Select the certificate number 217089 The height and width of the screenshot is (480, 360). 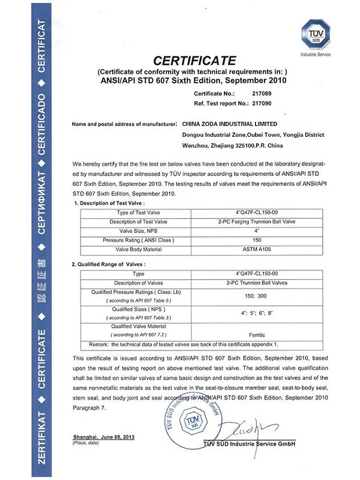[x=262, y=94]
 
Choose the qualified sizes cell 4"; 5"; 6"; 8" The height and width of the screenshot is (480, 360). [x=256, y=313]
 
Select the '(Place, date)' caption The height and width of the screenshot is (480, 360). [x=85, y=443]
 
